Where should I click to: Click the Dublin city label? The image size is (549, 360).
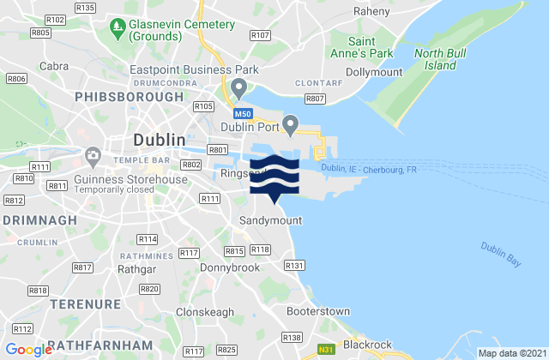[x=159, y=139]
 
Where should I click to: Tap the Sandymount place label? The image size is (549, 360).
[x=270, y=220]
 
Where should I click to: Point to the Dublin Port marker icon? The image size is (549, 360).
[x=292, y=126]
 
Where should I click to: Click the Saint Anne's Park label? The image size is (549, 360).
[x=370, y=47]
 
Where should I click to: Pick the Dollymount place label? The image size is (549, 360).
[x=374, y=73]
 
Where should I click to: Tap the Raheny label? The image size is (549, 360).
[x=373, y=12]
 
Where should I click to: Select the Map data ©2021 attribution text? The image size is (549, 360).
[x=511, y=352]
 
